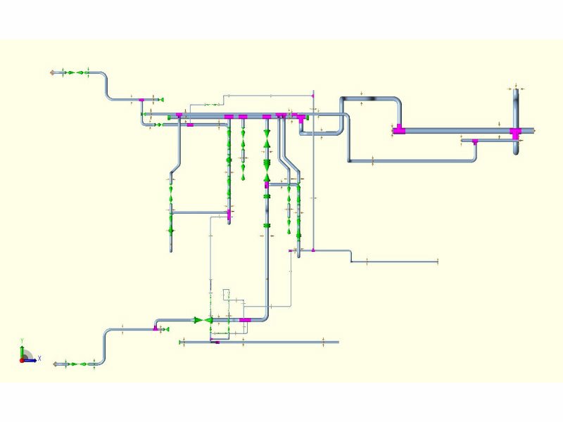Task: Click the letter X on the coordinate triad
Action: coord(39,359)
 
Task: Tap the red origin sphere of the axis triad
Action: coord(22,360)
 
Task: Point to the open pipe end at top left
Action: coord(53,72)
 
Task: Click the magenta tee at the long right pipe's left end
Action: coord(399,129)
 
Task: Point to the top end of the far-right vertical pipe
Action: coord(516,87)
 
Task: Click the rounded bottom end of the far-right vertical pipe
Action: coord(516,152)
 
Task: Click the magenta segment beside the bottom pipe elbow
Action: coord(244,320)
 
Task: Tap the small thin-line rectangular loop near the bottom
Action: coord(227,293)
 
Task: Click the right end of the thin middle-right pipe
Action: coord(437,262)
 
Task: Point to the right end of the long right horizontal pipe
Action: coord(533,131)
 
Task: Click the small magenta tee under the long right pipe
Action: coord(474,141)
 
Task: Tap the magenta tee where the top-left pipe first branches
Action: coord(141,101)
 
